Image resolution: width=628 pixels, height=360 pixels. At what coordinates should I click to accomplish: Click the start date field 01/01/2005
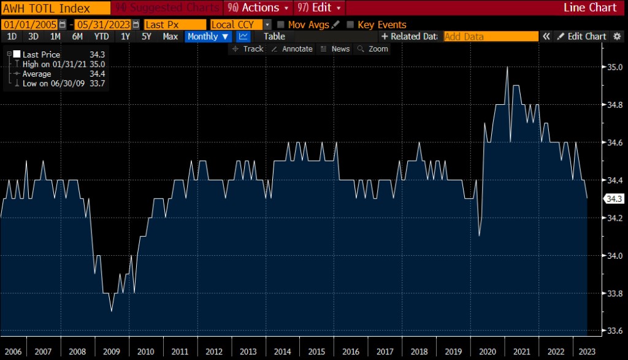[x=29, y=25]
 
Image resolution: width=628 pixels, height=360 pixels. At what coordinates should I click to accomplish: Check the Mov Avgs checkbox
[x=281, y=25]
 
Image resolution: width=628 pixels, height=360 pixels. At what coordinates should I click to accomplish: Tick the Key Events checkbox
[x=351, y=25]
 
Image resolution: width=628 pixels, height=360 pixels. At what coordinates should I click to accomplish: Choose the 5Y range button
[x=147, y=36]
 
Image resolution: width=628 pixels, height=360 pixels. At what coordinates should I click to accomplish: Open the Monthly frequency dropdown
[x=208, y=36]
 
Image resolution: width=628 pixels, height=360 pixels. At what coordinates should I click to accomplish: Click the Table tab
[x=274, y=36]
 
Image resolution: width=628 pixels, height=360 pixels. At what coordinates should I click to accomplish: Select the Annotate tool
[x=292, y=48]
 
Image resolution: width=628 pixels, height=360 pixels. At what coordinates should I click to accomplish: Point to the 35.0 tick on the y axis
[x=615, y=67]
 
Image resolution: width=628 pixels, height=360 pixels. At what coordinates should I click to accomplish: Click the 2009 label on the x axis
[x=111, y=351]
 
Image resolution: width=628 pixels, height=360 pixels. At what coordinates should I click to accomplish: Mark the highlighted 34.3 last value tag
[x=614, y=199]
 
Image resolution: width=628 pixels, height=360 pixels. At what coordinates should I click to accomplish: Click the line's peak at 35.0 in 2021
[x=507, y=67]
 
